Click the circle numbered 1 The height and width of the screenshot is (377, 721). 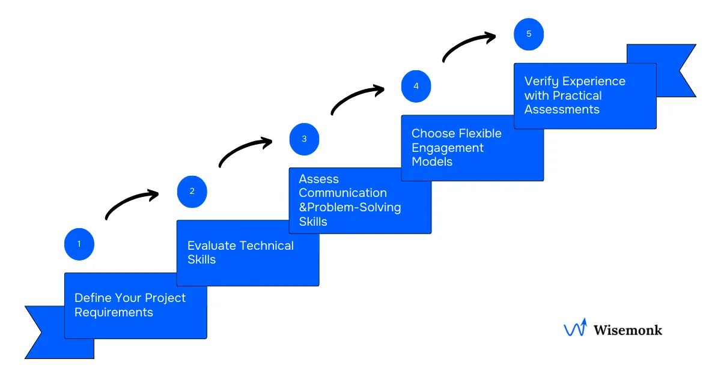[79, 244]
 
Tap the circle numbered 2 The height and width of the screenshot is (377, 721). [192, 192]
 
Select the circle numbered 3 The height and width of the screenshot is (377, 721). [304, 139]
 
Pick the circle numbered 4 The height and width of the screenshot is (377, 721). [416, 86]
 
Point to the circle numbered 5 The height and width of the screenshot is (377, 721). [529, 34]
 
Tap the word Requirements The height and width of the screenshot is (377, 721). [114, 312]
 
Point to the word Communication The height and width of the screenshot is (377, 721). [342, 193]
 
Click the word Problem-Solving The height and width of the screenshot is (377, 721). [354, 208]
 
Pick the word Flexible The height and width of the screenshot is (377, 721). [479, 133]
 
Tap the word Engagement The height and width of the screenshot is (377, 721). [448, 148]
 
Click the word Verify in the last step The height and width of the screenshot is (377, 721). [541, 81]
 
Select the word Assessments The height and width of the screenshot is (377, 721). [562, 109]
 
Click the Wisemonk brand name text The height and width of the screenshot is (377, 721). [628, 330]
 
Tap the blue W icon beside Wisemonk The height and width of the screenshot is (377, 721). [574, 328]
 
